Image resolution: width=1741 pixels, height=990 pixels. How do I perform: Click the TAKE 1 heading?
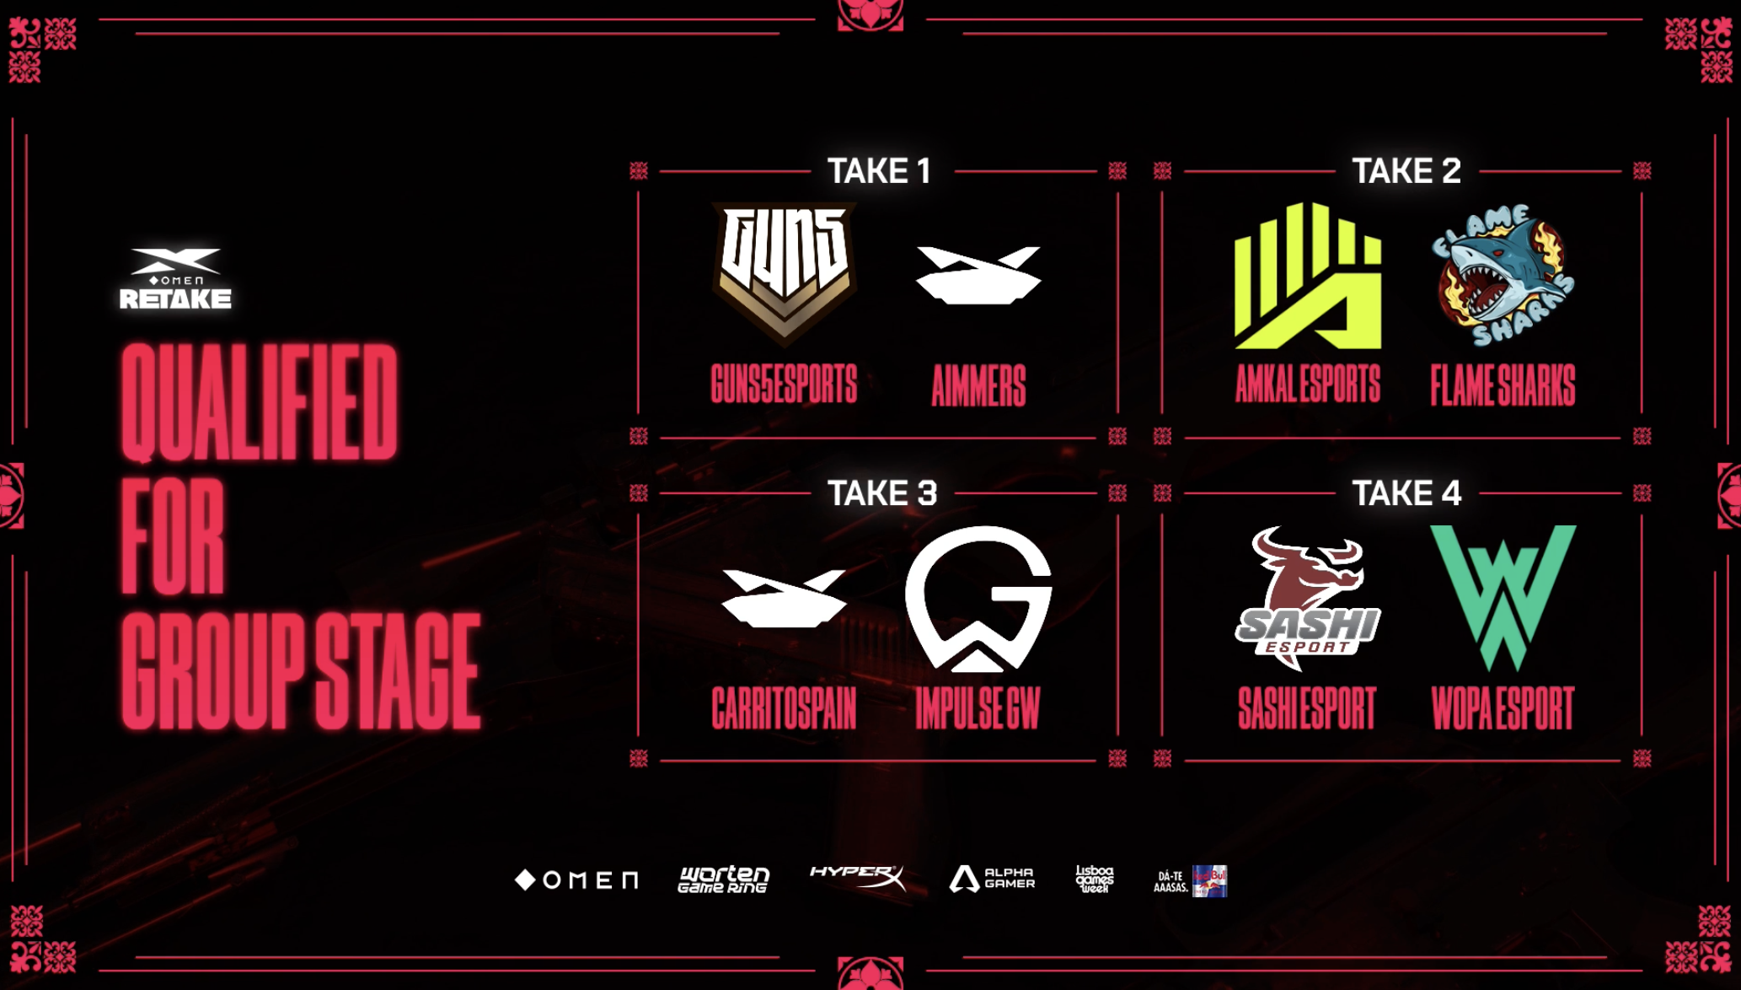[x=879, y=171]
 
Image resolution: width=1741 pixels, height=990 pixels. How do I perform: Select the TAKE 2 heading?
[x=1406, y=171]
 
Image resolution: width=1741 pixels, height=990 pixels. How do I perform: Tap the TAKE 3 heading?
[x=881, y=493]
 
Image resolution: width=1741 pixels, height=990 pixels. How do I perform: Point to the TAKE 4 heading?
[x=1406, y=493]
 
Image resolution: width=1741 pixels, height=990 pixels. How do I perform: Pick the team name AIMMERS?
[x=978, y=385]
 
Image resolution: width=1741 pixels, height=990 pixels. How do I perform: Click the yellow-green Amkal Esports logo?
[x=1307, y=276]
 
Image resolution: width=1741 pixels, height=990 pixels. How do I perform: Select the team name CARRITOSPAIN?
[x=784, y=708]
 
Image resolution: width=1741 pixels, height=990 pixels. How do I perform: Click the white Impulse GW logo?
[x=978, y=598]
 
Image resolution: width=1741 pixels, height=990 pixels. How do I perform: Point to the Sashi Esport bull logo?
[x=1307, y=598]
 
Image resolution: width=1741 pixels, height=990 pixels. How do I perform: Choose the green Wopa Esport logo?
[x=1503, y=595]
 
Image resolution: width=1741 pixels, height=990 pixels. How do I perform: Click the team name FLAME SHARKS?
[x=1503, y=385]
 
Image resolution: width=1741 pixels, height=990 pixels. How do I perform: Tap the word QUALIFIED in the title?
[x=259, y=402]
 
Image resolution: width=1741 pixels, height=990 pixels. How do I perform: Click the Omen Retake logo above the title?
[x=175, y=278]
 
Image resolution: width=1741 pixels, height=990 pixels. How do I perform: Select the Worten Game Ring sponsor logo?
[x=724, y=880]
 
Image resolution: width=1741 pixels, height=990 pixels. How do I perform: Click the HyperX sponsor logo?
[x=857, y=877]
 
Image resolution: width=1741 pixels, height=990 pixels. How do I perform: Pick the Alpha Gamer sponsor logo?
[x=992, y=879]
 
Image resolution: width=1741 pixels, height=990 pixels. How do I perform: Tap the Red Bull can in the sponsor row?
[x=1210, y=881]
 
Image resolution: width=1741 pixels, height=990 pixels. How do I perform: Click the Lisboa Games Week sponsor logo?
[x=1095, y=879]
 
